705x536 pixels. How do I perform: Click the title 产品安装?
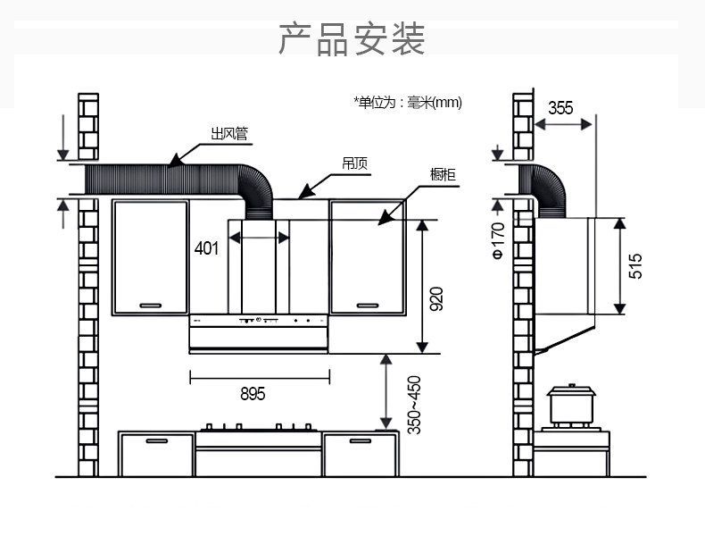352,40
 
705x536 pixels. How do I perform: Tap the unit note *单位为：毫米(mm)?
408,103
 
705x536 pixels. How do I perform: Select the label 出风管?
229,135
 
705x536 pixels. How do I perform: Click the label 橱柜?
443,174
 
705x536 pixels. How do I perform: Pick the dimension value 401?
206,248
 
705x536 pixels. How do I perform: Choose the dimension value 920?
436,299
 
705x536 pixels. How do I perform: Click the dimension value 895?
253,393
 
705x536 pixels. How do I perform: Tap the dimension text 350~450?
414,405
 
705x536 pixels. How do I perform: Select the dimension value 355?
560,108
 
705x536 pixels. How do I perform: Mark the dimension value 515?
635,266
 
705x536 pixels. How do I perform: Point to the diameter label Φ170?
498,240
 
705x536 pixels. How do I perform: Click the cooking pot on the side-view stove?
571,406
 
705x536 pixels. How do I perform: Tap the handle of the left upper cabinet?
150,304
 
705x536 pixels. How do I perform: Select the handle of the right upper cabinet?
368,304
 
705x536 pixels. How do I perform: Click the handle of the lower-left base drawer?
157,440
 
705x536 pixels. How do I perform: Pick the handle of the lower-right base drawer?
361,440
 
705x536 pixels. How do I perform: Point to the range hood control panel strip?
259,320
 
